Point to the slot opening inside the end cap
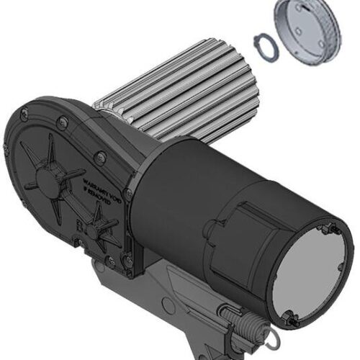[x=318, y=43]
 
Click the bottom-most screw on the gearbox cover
[x=128, y=271]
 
